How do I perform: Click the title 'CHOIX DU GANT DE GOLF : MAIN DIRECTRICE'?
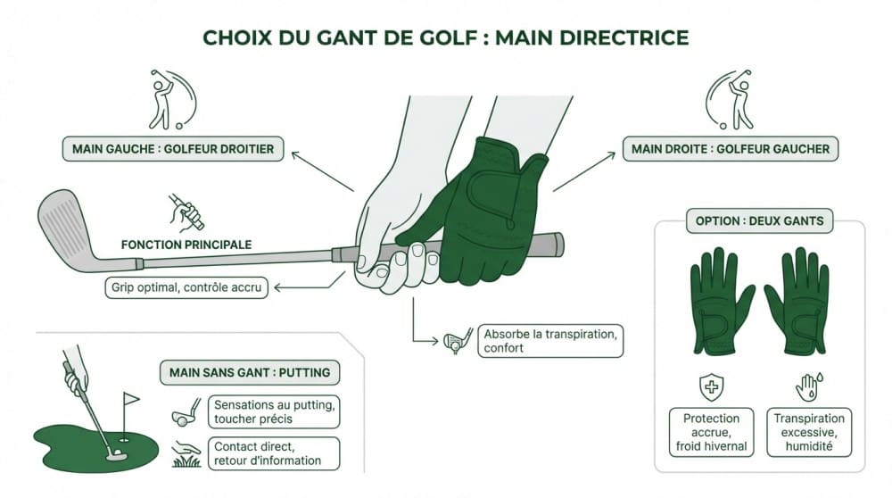(x=446, y=37)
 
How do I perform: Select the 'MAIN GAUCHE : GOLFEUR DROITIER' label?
(x=173, y=148)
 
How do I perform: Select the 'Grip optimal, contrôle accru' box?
(x=186, y=287)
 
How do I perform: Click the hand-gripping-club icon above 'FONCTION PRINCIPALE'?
(x=186, y=212)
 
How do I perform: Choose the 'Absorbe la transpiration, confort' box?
(x=549, y=341)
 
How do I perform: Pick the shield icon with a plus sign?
(x=711, y=386)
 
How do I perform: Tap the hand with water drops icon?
(x=807, y=386)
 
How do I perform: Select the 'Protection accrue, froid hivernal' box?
(x=711, y=432)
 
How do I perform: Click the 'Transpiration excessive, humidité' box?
(x=809, y=432)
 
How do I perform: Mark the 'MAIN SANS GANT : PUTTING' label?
(x=250, y=372)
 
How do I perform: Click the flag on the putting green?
(x=131, y=399)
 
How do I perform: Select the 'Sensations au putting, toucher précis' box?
(x=274, y=411)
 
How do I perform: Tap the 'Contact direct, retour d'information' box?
(x=274, y=452)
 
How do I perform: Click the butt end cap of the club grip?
(x=558, y=243)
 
